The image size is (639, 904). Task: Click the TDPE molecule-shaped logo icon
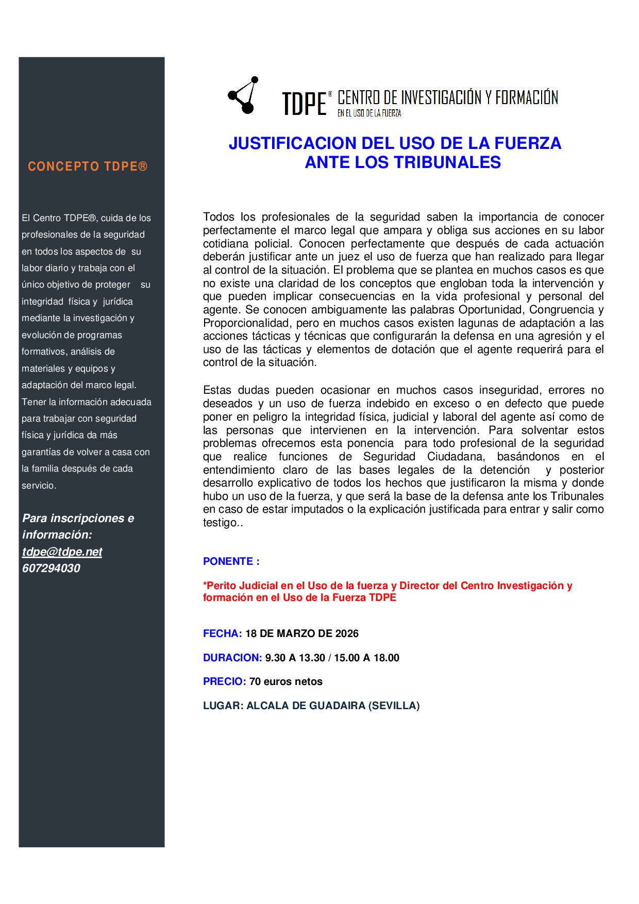click(243, 96)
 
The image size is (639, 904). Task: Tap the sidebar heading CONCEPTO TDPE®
click(88, 166)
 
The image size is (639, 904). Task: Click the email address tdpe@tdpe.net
click(62, 551)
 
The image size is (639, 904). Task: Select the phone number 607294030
click(51, 568)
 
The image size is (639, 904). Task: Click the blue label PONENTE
click(229, 561)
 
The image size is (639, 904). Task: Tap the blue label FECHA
click(222, 633)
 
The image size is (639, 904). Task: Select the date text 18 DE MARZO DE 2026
click(302, 633)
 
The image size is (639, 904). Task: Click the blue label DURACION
click(232, 658)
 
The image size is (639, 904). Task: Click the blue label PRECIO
click(224, 681)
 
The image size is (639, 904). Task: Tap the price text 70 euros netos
click(286, 681)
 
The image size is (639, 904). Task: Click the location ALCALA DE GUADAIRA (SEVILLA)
click(333, 706)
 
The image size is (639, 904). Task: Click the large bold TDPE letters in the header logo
click(305, 104)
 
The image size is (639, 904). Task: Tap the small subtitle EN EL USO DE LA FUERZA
click(369, 113)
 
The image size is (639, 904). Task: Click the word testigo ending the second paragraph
click(220, 523)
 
